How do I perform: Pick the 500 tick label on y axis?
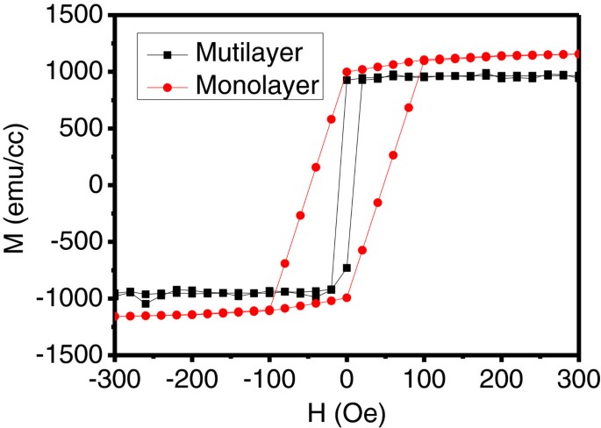click(83, 129)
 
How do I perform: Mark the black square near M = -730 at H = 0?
click(347, 267)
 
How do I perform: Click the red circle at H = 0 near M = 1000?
click(347, 72)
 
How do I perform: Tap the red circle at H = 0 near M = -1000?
click(347, 297)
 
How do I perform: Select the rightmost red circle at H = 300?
click(578, 54)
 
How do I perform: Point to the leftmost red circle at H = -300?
click(115, 316)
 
